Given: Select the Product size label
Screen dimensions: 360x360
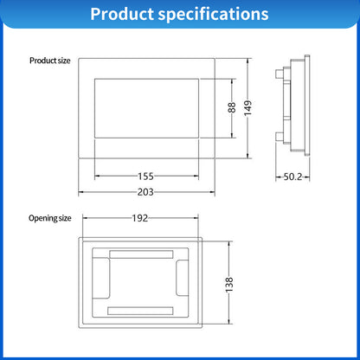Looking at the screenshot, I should (x=49, y=61).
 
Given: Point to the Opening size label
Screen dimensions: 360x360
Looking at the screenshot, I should (x=50, y=218).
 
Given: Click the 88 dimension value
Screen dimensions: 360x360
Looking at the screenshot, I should (x=232, y=107).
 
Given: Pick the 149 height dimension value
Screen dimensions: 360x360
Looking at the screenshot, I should (x=249, y=108).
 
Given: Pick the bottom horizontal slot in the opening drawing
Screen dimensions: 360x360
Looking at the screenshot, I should (x=142, y=309).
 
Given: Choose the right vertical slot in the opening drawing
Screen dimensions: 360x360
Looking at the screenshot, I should (x=181, y=281).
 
